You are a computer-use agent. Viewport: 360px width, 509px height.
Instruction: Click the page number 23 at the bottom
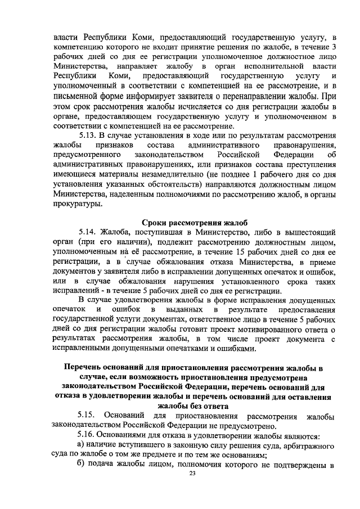coord(192,474)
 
